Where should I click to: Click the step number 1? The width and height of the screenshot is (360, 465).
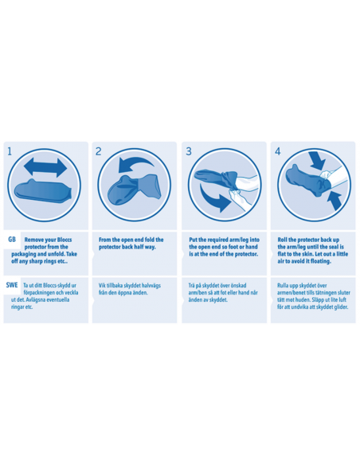pyautogui.click(x=10, y=151)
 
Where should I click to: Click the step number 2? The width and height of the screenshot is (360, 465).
pyautogui.click(x=99, y=151)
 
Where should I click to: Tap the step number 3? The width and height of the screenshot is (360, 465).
pyautogui.click(x=189, y=151)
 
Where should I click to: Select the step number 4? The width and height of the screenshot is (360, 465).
pyautogui.click(x=277, y=151)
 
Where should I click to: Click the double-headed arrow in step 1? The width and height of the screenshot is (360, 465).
pyautogui.click(x=45, y=167)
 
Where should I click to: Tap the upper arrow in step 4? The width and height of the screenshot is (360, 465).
pyautogui.click(x=317, y=161)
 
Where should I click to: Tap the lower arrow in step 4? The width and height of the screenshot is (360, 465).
pyautogui.click(x=335, y=201)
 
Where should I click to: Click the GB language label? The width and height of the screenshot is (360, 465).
pyautogui.click(x=12, y=240)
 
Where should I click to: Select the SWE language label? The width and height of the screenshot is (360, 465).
pyautogui.click(x=12, y=285)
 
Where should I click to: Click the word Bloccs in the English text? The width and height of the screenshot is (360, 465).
pyautogui.click(x=65, y=240)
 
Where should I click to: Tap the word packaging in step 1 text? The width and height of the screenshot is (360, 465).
pyautogui.click(x=24, y=254)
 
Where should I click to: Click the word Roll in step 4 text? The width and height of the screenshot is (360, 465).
pyautogui.click(x=282, y=240)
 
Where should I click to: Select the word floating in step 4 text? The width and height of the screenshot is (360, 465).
pyautogui.click(x=320, y=261)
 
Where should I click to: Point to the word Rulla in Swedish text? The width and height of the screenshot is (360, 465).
pyautogui.click(x=284, y=286)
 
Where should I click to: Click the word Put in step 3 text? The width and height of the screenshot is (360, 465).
pyautogui.click(x=193, y=240)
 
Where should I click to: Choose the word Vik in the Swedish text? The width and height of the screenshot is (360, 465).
pyautogui.click(x=102, y=286)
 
